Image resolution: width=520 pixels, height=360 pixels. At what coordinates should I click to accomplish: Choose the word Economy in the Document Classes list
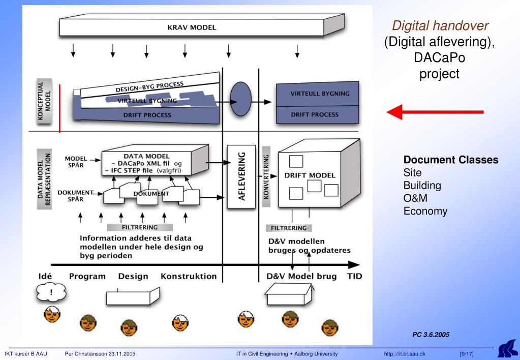425,211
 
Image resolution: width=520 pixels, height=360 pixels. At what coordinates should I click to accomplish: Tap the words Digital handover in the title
439,24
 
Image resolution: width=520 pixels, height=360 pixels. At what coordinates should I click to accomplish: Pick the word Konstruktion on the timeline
189,277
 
